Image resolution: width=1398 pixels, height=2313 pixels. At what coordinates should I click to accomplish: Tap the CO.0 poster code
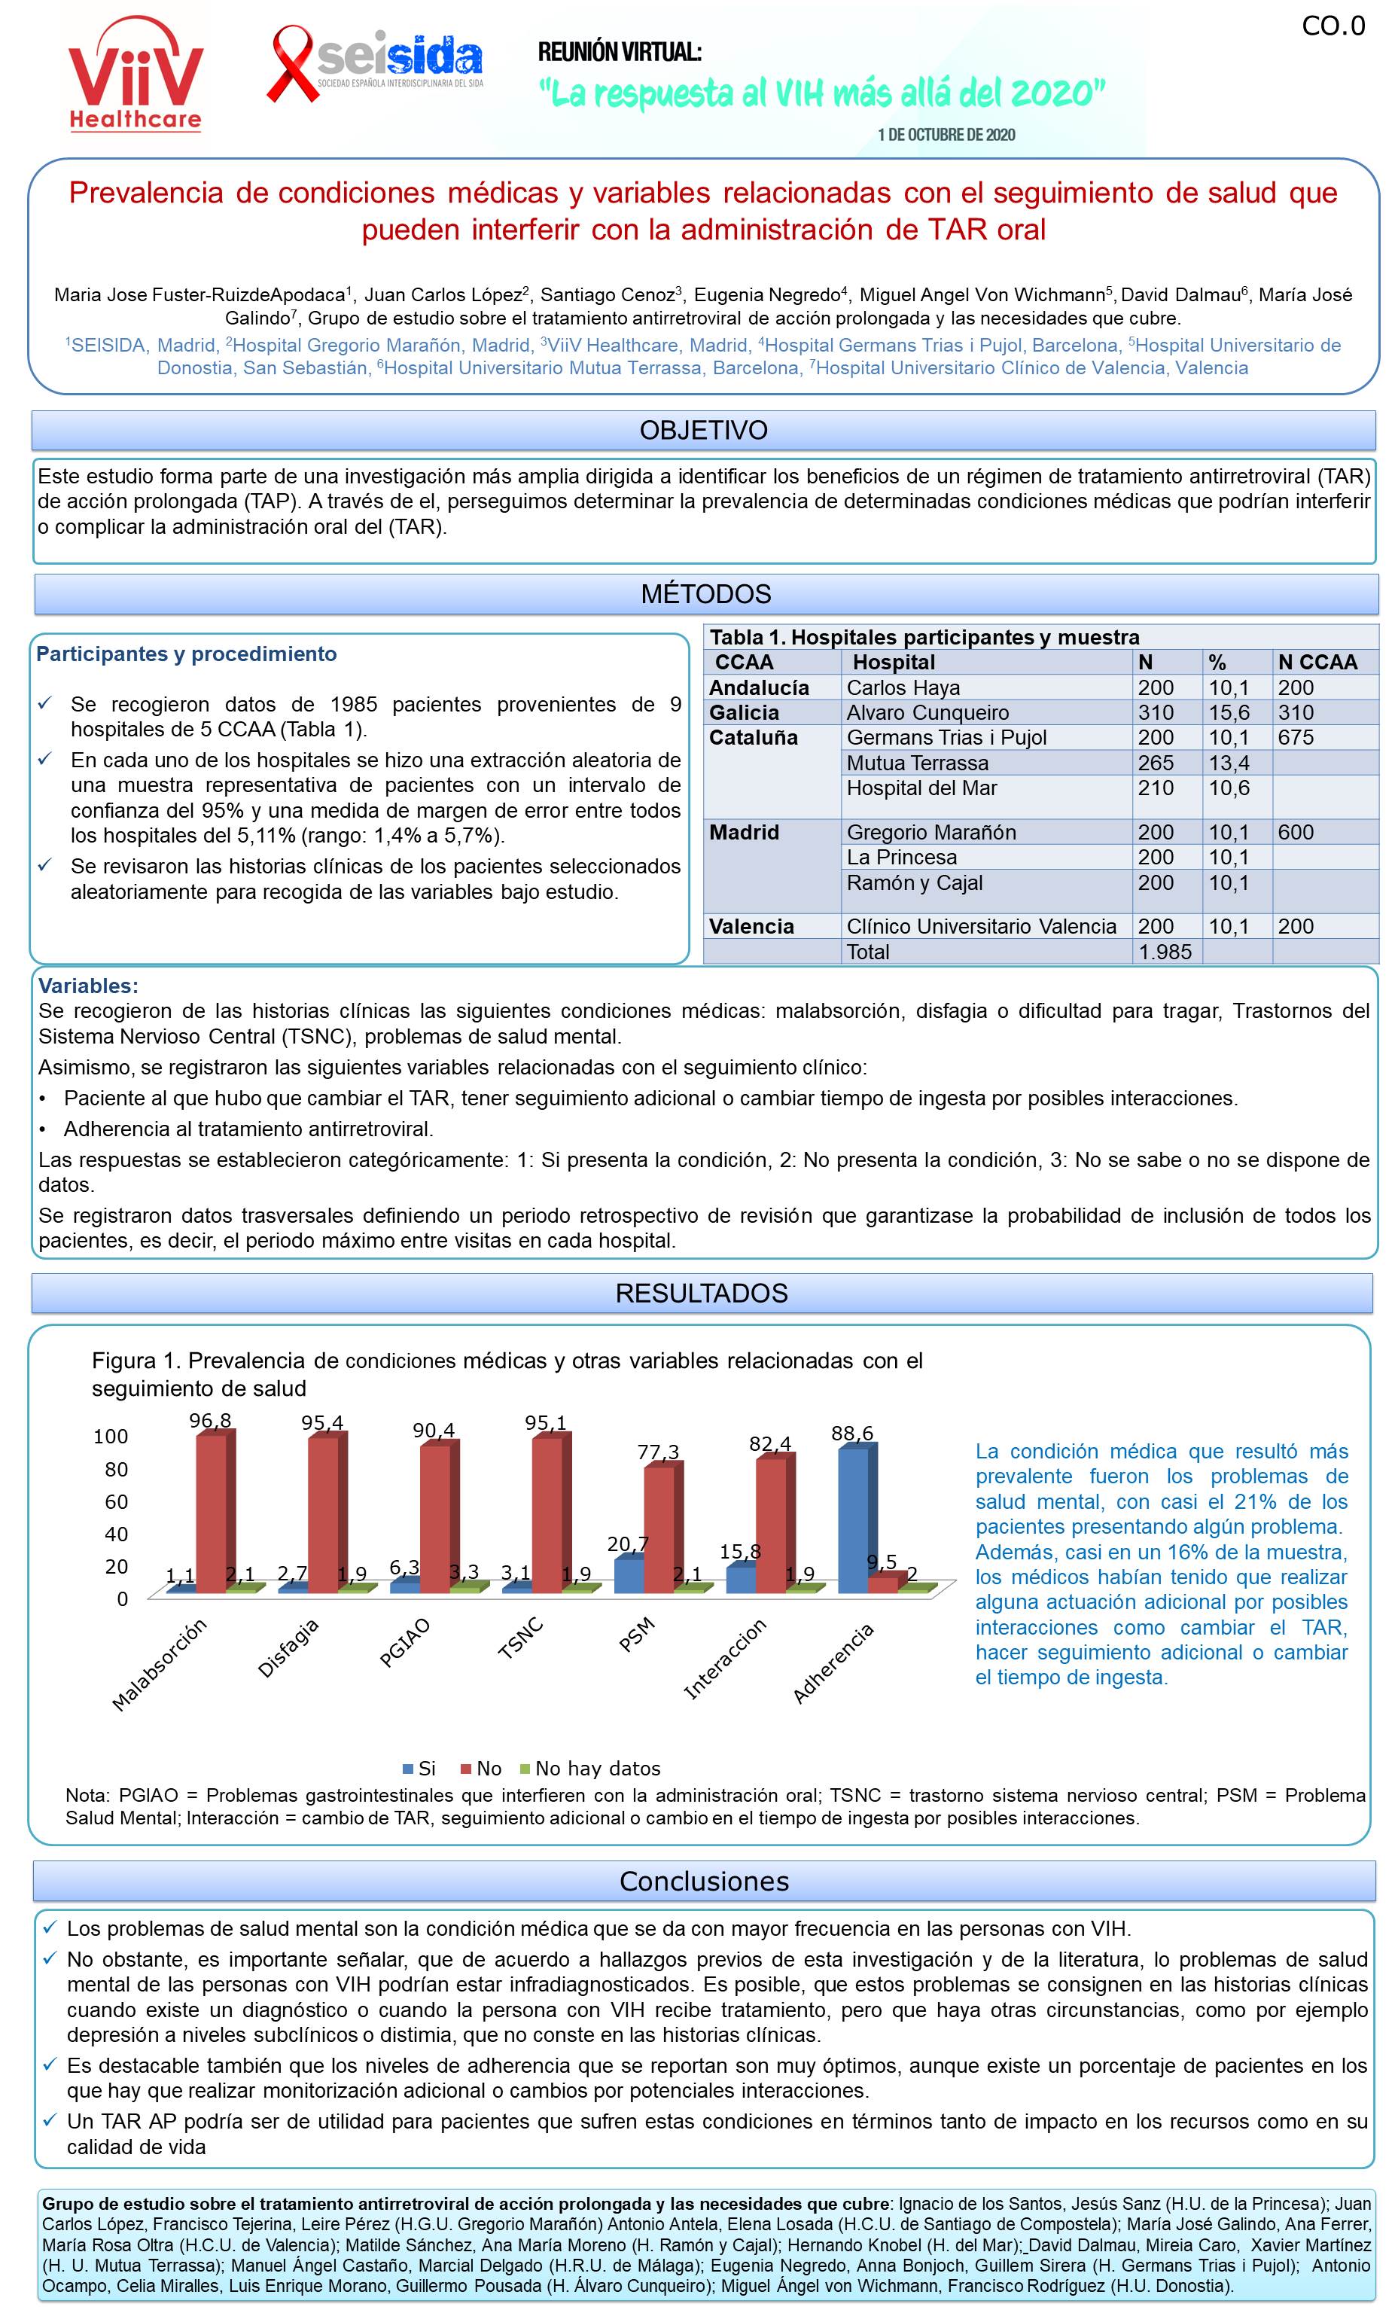(1333, 26)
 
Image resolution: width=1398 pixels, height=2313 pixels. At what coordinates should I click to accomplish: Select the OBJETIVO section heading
(703, 431)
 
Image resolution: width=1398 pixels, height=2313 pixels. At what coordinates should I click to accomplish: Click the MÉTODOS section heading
(706, 594)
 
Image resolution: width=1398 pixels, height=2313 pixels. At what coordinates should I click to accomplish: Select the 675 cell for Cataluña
(1296, 738)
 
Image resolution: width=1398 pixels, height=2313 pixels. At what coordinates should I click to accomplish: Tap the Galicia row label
(744, 712)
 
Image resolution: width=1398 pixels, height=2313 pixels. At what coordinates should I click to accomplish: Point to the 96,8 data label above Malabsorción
(210, 1422)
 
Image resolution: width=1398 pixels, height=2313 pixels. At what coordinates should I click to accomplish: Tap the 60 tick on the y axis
(115, 1502)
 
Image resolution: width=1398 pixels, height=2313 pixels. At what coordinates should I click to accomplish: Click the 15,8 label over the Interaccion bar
(740, 1552)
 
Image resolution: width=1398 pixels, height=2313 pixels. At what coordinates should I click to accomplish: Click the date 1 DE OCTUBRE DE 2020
(946, 136)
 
